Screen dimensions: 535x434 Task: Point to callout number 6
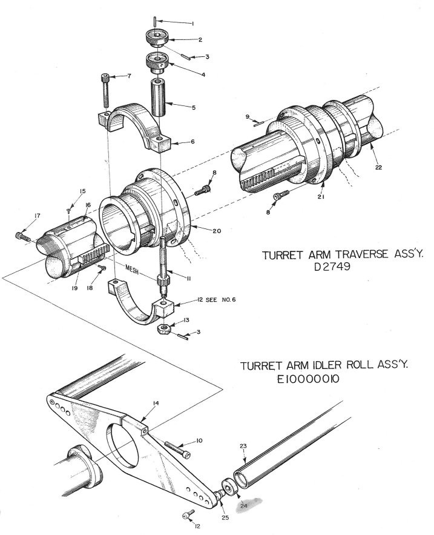coord(192,142)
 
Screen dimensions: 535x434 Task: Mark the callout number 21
coord(320,197)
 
